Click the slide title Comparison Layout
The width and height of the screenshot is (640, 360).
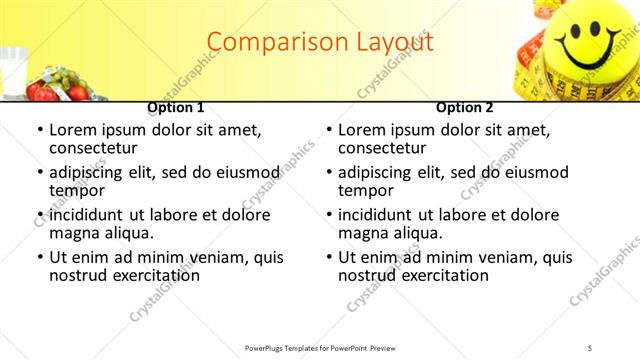[x=320, y=42]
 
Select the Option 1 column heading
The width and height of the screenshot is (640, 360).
[x=176, y=107]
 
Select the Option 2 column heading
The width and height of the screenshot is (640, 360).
[x=464, y=107]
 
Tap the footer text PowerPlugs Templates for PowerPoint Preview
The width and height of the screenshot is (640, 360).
[x=320, y=347]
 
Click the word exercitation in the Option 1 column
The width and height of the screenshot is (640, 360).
[x=144, y=275]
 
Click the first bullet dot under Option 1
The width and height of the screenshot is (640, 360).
[x=39, y=131]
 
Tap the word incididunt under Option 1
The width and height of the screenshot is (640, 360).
[x=89, y=215]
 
